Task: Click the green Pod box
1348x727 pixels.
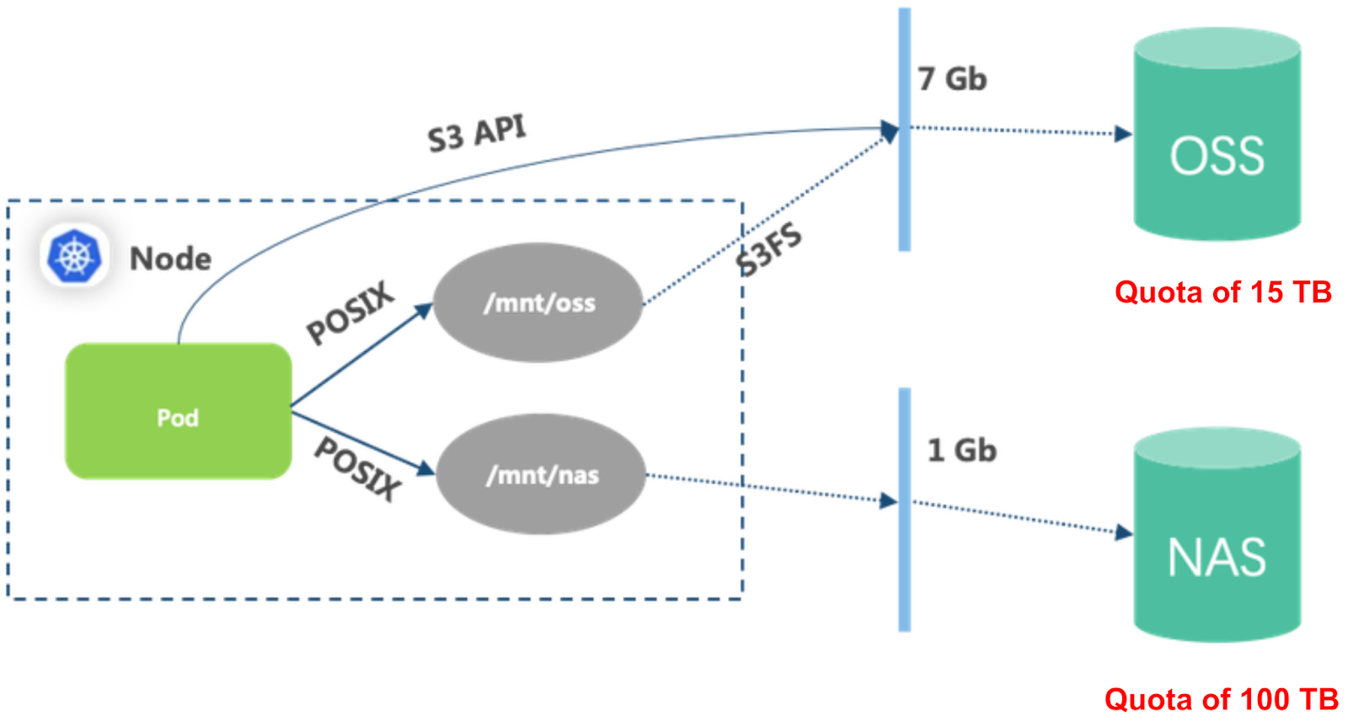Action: click(x=178, y=411)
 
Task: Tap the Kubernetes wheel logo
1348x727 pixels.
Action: click(x=74, y=255)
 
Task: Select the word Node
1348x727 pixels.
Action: click(x=170, y=259)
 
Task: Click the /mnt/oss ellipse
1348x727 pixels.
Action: click(x=538, y=302)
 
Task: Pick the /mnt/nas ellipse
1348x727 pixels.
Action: click(x=541, y=474)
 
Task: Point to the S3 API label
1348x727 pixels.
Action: click(x=477, y=133)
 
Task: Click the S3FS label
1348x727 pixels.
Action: click(x=768, y=249)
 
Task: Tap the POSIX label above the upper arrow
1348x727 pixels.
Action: click(x=350, y=313)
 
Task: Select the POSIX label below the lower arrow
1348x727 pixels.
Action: click(x=357, y=468)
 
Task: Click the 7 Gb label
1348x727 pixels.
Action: click(x=952, y=79)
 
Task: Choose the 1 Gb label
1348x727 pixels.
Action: click(x=961, y=450)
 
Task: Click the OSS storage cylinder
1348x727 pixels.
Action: click(x=1217, y=135)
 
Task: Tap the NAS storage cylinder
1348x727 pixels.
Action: click(x=1217, y=535)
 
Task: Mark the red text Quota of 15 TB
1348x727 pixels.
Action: click(x=1222, y=292)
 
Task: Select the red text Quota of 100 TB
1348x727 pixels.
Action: click(x=1221, y=699)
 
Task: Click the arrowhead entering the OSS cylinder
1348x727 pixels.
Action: click(x=1123, y=133)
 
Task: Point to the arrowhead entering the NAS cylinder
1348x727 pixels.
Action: click(x=1123, y=532)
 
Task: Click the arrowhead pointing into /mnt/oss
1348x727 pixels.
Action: click(x=424, y=310)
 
